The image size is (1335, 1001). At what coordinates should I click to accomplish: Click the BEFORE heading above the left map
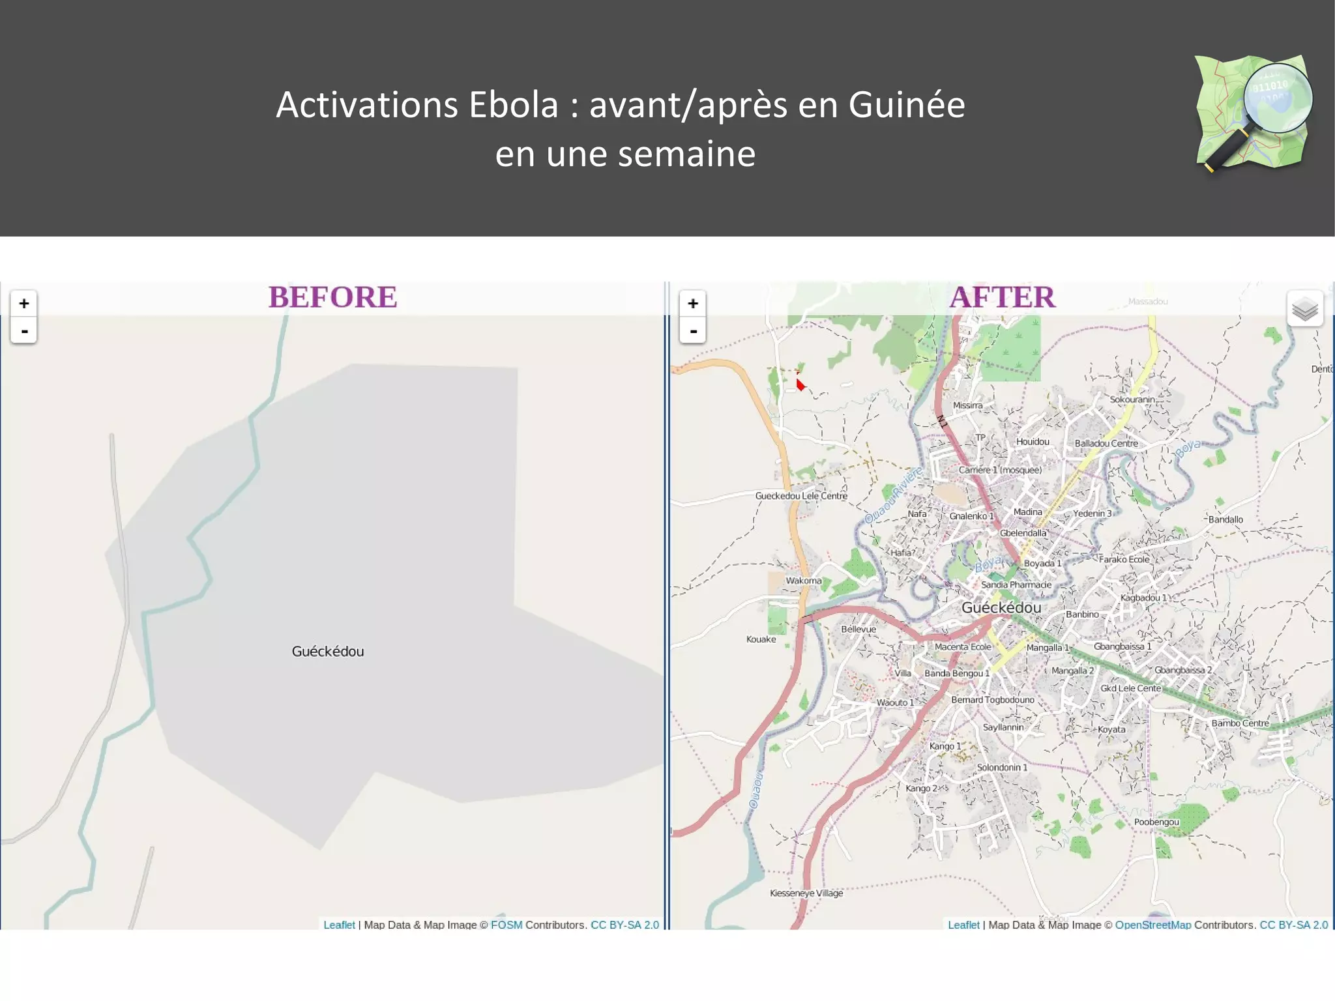point(332,297)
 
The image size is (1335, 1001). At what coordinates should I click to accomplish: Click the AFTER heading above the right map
point(1002,297)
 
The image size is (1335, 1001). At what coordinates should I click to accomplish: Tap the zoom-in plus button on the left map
point(24,303)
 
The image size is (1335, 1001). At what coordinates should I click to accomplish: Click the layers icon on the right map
point(1304,310)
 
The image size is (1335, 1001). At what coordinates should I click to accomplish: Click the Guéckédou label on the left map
point(328,651)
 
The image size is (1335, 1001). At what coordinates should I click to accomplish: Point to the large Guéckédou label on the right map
point(1001,607)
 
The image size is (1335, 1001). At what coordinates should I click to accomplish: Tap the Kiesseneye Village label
point(806,893)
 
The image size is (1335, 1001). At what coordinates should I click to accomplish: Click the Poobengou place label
point(1156,822)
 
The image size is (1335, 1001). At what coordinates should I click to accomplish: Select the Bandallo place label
point(1225,519)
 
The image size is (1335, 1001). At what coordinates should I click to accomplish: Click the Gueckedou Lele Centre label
point(801,496)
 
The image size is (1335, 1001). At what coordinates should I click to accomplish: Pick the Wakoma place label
point(804,581)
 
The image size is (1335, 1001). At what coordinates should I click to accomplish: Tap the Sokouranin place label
point(1132,399)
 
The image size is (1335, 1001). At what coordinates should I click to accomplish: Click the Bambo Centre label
point(1240,723)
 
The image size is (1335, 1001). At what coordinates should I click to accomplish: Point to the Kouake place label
point(761,639)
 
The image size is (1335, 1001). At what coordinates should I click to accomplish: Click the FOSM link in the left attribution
point(506,925)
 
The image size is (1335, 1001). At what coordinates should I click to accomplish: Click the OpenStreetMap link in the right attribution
point(1152,925)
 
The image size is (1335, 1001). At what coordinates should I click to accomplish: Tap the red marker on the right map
point(800,384)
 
